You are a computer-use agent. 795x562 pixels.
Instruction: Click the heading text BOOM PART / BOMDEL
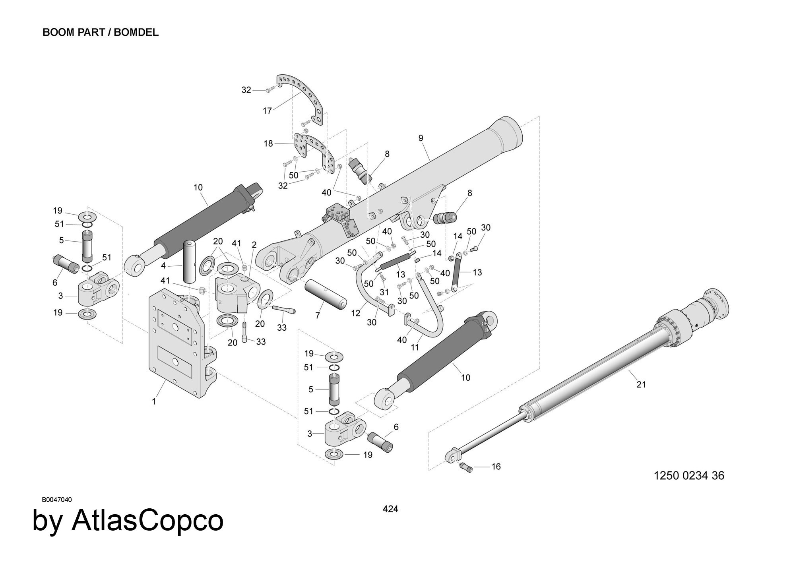(101, 33)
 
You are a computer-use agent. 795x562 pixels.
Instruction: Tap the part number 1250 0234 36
(689, 475)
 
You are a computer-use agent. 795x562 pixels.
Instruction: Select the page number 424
(390, 509)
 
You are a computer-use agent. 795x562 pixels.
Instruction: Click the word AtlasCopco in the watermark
(147, 521)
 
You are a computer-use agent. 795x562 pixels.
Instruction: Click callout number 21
(641, 384)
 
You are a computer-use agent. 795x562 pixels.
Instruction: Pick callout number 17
(267, 111)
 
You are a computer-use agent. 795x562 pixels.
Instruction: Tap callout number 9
(421, 138)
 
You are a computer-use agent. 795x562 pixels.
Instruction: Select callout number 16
(496, 466)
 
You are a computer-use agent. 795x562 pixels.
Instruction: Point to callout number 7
(318, 316)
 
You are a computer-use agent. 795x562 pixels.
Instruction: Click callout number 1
(154, 401)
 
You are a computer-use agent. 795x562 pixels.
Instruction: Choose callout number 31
(384, 292)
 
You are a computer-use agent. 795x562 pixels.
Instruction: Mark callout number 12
(355, 313)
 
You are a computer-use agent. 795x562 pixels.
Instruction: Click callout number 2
(254, 245)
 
